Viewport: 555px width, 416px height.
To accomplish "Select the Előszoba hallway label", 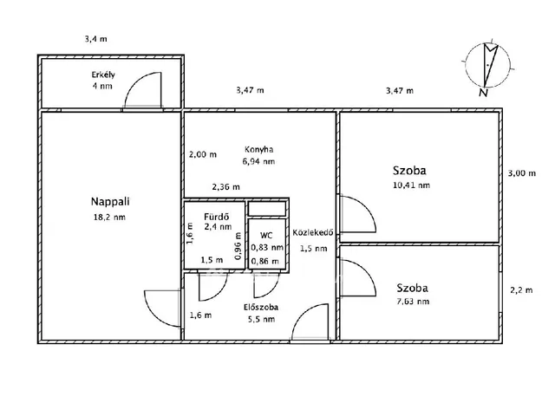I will tap(260, 306).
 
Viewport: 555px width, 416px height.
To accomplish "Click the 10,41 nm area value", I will tap(412, 185).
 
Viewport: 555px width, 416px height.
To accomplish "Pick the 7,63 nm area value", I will tap(412, 302).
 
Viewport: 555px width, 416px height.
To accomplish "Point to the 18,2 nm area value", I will tap(108, 217).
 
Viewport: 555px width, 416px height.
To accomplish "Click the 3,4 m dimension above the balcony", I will tap(96, 38).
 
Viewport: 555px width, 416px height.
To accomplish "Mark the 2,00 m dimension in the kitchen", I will tap(202, 155).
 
